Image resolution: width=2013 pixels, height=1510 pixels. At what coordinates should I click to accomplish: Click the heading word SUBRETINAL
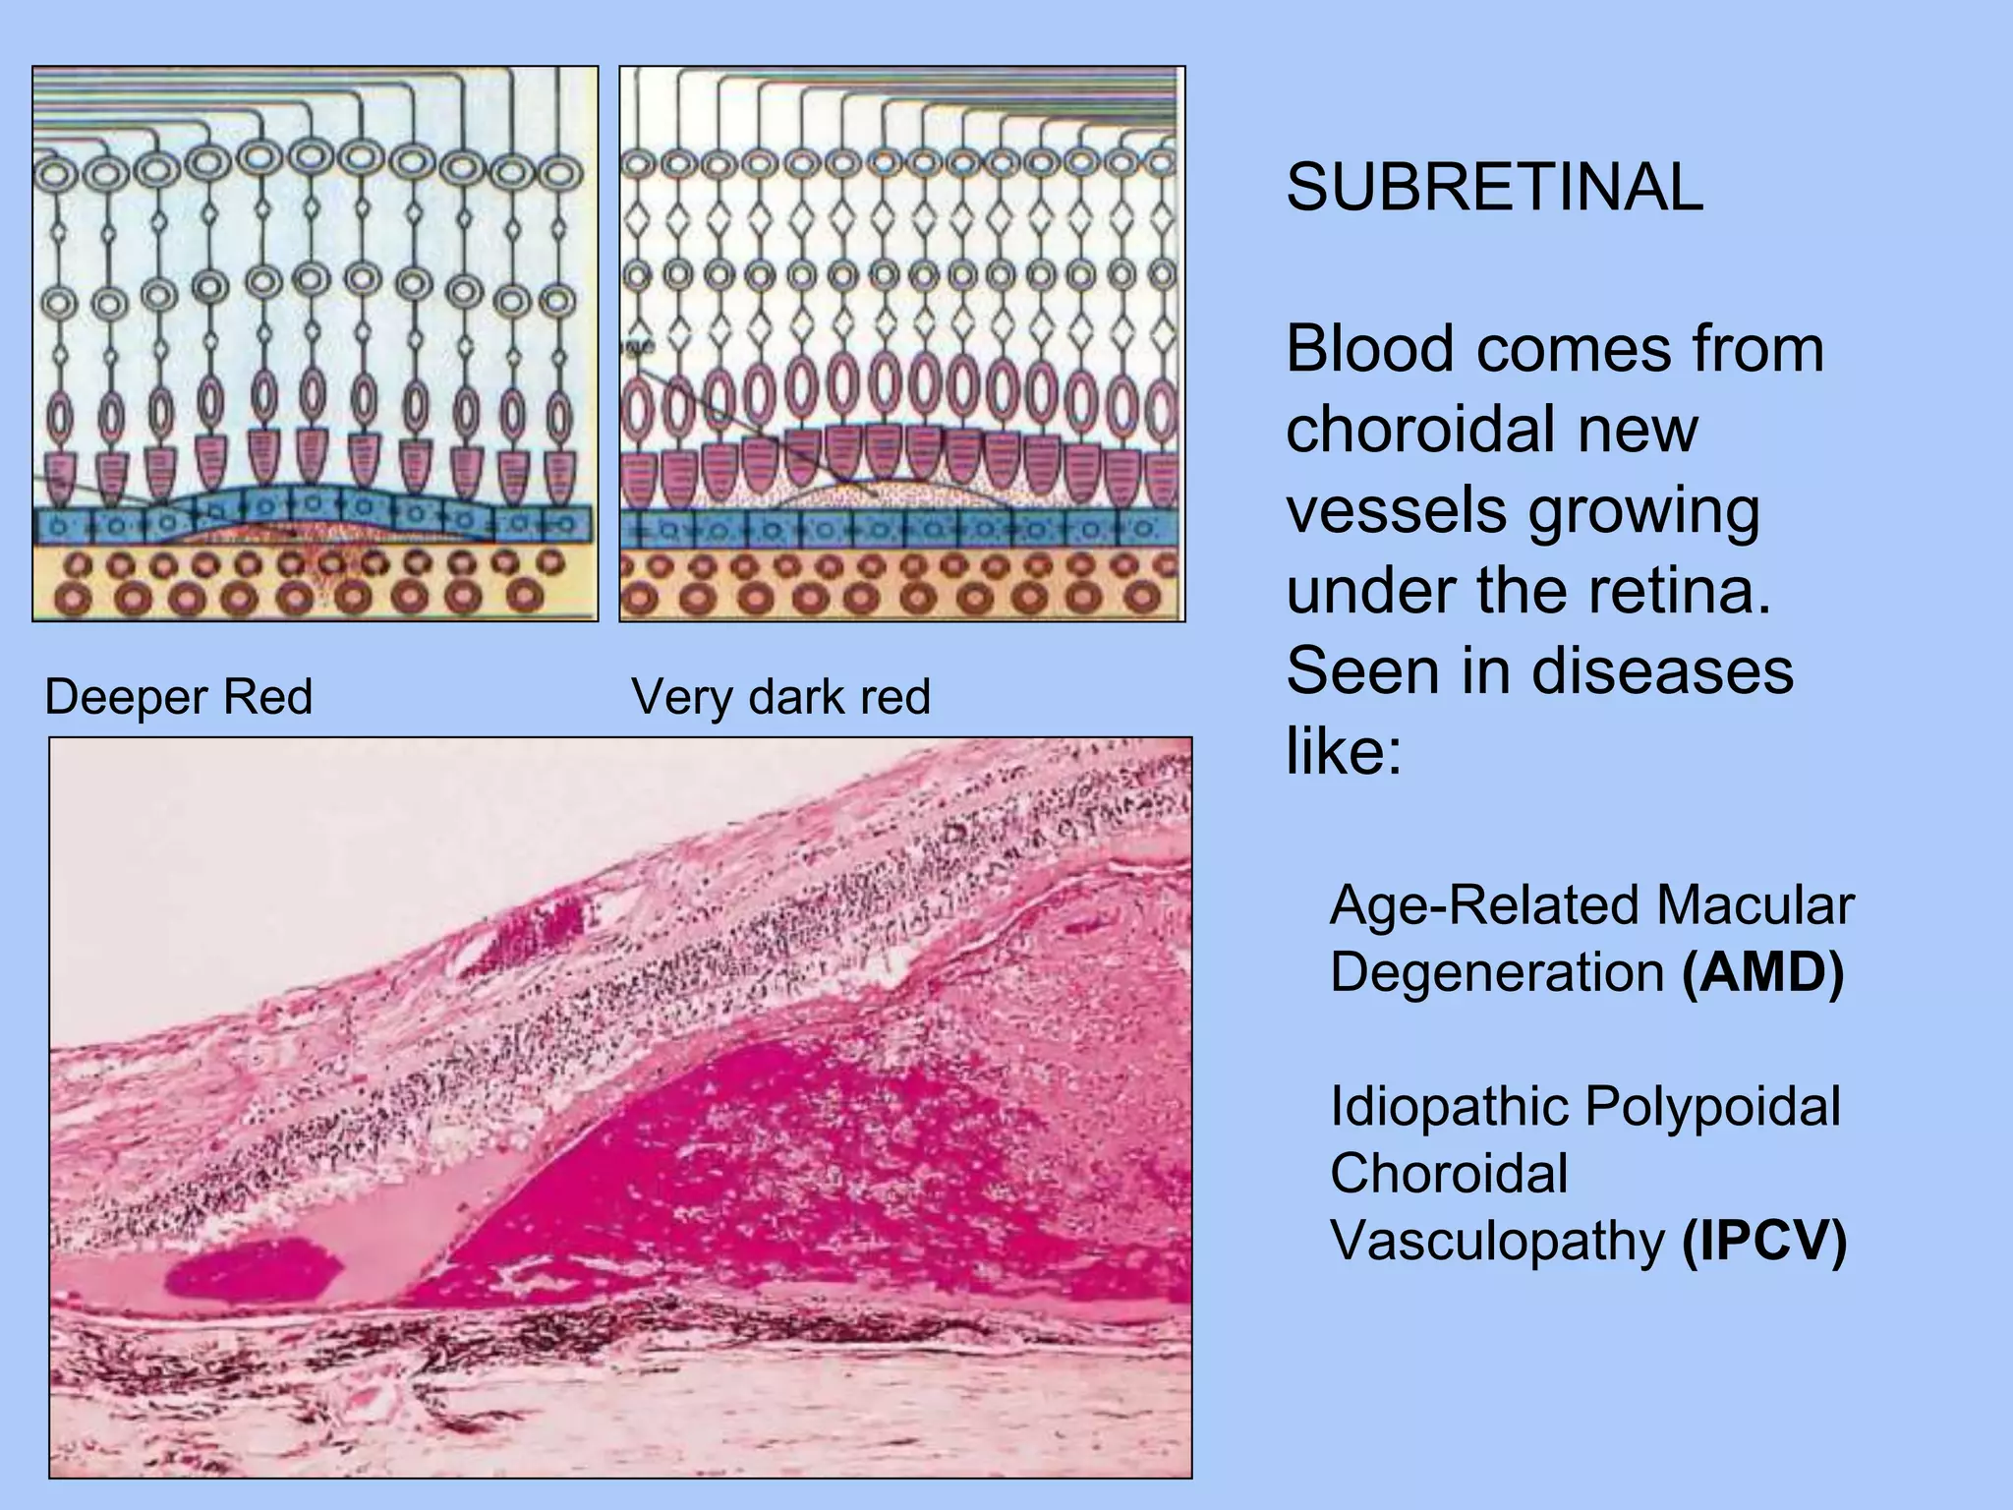pyautogui.click(x=1493, y=188)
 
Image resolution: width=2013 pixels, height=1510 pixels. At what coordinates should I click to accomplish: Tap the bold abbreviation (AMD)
pyautogui.click(x=1763, y=972)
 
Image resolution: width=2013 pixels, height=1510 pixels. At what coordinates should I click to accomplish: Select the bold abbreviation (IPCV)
pyautogui.click(x=1764, y=1241)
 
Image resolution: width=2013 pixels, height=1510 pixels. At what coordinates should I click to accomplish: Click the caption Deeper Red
pyautogui.click(x=179, y=697)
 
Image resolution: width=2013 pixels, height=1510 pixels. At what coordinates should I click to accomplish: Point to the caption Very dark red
pyautogui.click(x=780, y=697)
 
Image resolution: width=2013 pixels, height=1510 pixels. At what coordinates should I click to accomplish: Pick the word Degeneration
pyautogui.click(x=1496, y=972)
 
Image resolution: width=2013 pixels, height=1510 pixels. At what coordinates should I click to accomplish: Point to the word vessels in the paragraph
pyautogui.click(x=1396, y=510)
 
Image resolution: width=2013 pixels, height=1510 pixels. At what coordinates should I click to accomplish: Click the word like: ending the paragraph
pyautogui.click(x=1343, y=752)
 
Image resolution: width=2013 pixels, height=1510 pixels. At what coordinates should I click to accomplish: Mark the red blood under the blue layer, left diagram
pyautogui.click(x=295, y=532)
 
